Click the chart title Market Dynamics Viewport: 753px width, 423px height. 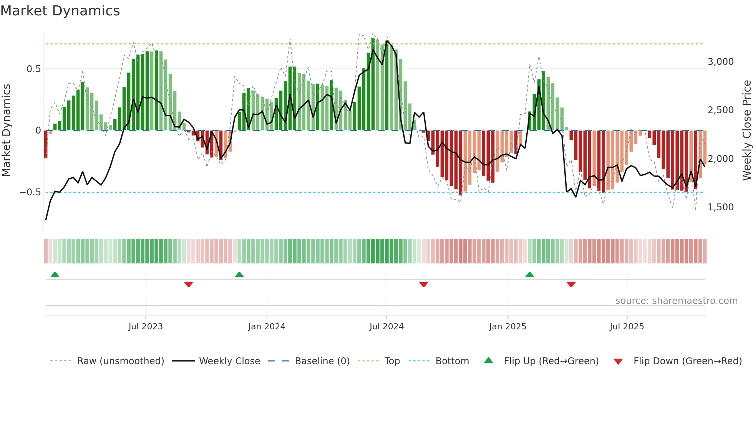60,11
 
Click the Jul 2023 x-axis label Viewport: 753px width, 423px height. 146,327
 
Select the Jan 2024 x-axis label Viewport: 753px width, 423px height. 267,327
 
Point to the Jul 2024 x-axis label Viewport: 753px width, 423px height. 386,327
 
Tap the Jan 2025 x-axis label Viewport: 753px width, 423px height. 508,327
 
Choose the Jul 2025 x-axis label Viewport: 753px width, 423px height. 627,327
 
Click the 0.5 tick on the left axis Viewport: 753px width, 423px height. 33,69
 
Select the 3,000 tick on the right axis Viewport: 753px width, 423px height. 720,62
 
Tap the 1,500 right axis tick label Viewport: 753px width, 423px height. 720,207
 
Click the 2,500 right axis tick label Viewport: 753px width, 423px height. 720,110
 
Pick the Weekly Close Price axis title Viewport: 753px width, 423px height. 746,130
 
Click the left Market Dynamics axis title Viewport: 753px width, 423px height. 6,130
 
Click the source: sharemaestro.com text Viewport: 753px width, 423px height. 676,301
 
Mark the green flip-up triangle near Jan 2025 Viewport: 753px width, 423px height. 529,274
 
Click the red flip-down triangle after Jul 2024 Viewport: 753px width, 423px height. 423,284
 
